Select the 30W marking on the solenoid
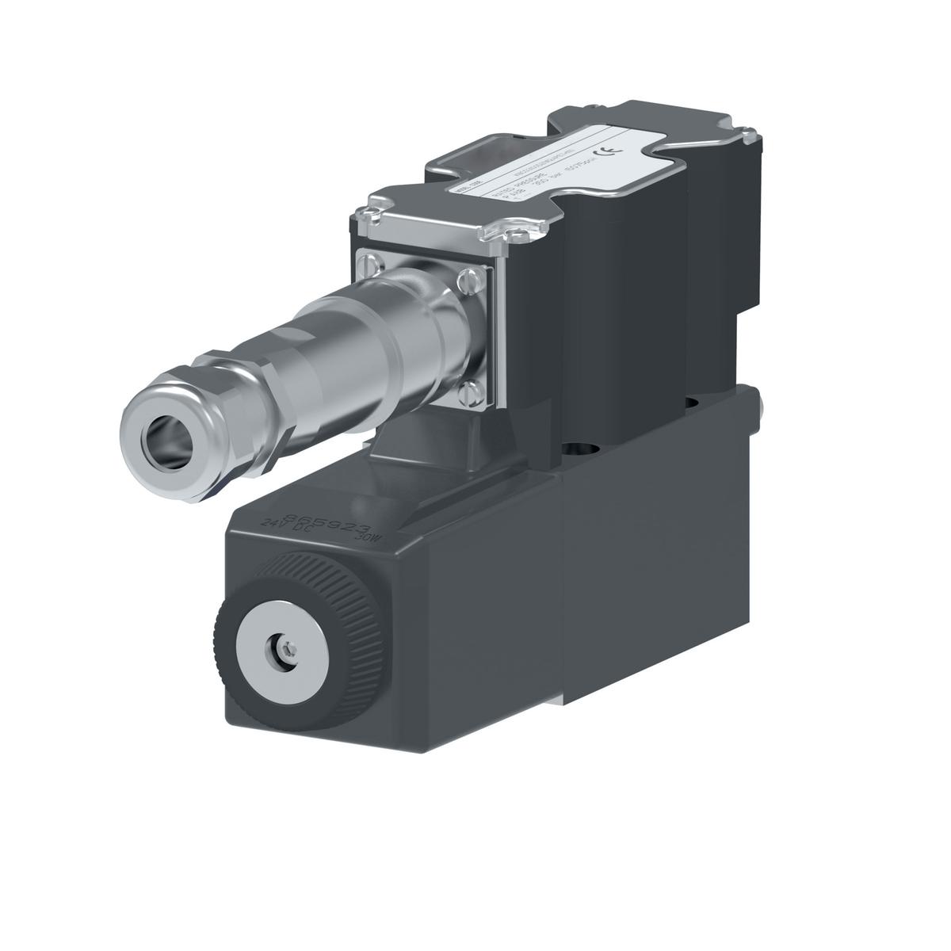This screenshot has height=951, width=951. tap(369, 538)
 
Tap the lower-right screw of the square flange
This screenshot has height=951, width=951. tap(471, 389)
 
